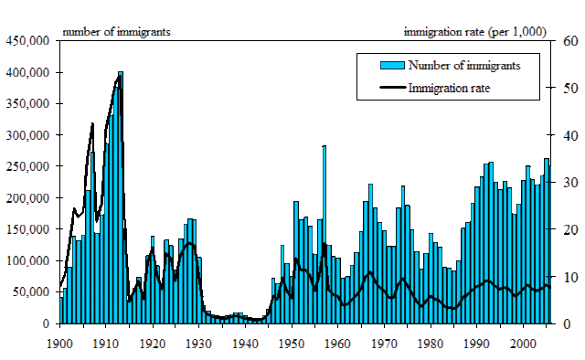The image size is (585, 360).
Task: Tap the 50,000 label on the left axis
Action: (32, 292)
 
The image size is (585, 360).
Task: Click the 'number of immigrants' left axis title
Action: (116, 32)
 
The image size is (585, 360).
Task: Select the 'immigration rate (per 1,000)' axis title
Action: (475, 32)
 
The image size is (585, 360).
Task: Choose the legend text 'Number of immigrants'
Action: (465, 65)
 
